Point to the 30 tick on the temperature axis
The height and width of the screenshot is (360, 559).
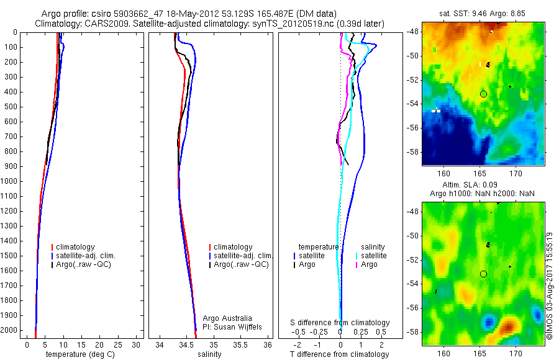click(136, 344)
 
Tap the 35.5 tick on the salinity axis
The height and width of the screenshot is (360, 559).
click(241, 344)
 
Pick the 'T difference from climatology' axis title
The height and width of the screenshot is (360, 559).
click(340, 354)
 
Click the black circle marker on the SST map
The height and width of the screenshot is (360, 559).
click(483, 94)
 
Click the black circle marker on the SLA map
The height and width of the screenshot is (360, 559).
click(483, 274)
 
